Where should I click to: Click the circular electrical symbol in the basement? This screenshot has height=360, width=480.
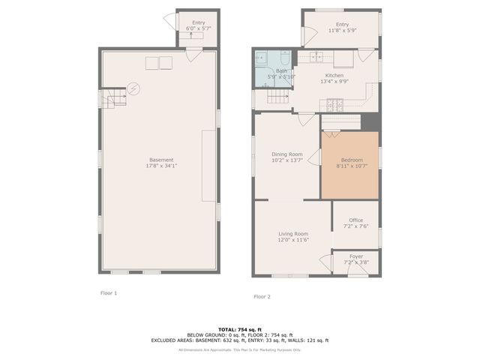(x=133, y=88)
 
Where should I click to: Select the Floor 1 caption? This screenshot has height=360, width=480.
(x=109, y=292)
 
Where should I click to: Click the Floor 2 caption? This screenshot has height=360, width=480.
(x=262, y=296)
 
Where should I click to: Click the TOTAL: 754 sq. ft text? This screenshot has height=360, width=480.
(x=239, y=329)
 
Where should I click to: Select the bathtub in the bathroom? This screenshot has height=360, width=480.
(x=262, y=59)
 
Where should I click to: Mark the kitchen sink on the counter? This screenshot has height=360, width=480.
(x=316, y=56)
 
